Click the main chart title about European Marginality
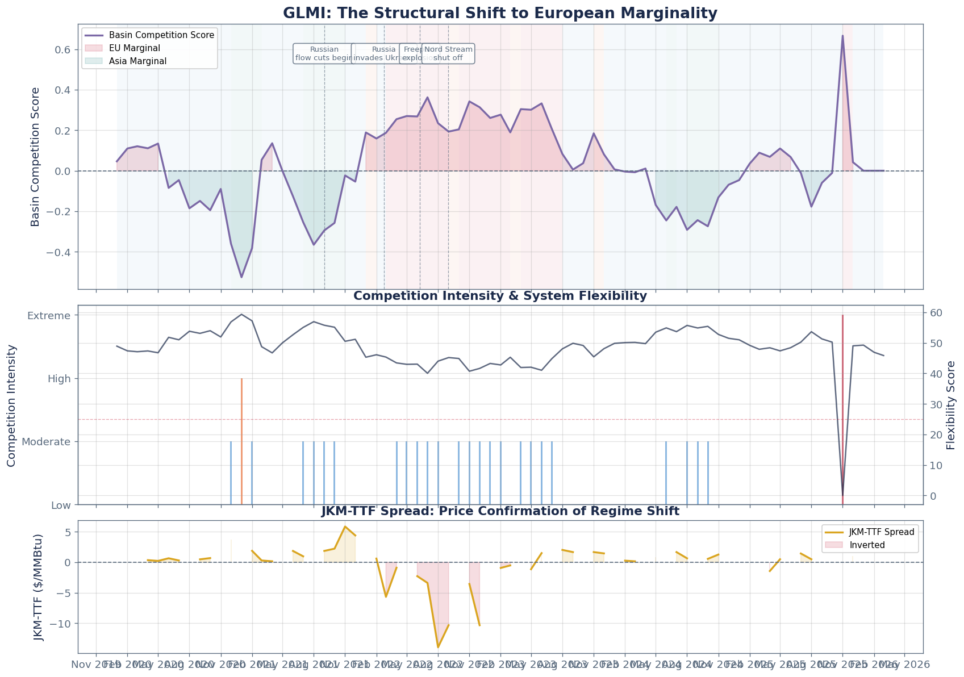tap(500, 13)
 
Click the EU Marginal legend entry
tap(134, 48)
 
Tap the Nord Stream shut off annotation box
tap(449, 53)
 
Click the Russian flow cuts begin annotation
tap(324, 53)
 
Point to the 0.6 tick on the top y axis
tap(62, 50)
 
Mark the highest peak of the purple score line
tap(842, 36)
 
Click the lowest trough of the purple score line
tap(241, 277)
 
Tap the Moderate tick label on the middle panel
tap(48, 442)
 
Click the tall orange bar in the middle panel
tap(241, 440)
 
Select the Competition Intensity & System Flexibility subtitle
tap(500, 296)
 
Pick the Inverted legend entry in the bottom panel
tap(869, 545)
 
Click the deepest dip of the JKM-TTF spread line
tap(438, 647)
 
